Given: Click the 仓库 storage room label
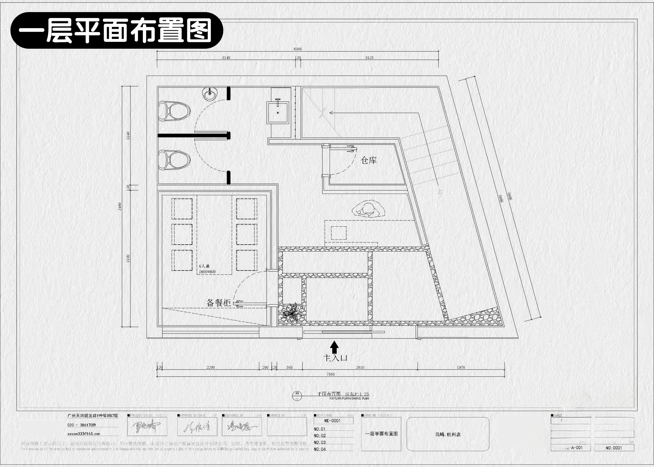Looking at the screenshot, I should tap(369, 160).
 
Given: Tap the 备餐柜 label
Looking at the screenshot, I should tap(219, 303).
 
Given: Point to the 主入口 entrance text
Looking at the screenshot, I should tap(335, 358).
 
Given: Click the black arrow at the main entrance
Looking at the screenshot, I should tap(334, 346).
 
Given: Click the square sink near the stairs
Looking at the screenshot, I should tap(278, 112).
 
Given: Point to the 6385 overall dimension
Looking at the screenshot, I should tap(297, 49).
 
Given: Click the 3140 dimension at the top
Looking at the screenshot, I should tap(226, 58).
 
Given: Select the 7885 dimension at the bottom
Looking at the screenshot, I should tap(331, 374).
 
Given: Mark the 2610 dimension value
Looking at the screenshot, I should tap(360, 368).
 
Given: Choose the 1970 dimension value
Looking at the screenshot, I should tap(461, 368).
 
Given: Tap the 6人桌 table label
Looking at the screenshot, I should tap(204, 266).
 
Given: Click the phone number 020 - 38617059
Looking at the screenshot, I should tap(81, 425).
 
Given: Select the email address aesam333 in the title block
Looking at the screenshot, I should tap(83, 434).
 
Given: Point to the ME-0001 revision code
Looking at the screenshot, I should tap(332, 421).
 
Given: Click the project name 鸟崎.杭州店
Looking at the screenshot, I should tap(448, 435).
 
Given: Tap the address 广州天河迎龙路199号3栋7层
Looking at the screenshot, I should tap(92, 416).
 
